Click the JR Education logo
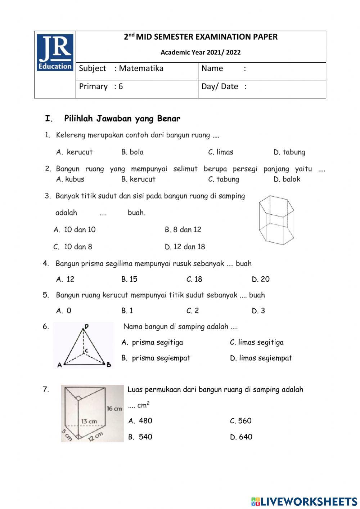(x=55, y=52)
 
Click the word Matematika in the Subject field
(x=141, y=68)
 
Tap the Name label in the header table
(x=212, y=68)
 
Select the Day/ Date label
(x=220, y=86)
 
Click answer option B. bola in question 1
(x=132, y=152)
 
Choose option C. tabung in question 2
(x=224, y=179)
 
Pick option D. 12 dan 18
(x=185, y=247)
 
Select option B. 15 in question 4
(x=129, y=279)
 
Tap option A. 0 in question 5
(x=64, y=311)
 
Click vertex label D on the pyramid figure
(x=86, y=327)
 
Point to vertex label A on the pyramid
(x=59, y=365)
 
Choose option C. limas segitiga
(x=257, y=342)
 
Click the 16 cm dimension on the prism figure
(x=114, y=408)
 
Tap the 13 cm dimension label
(x=89, y=421)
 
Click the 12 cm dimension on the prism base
(x=95, y=437)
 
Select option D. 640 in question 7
(x=241, y=437)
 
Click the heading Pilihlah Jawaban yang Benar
(x=122, y=119)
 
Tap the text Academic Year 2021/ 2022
(x=201, y=53)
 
